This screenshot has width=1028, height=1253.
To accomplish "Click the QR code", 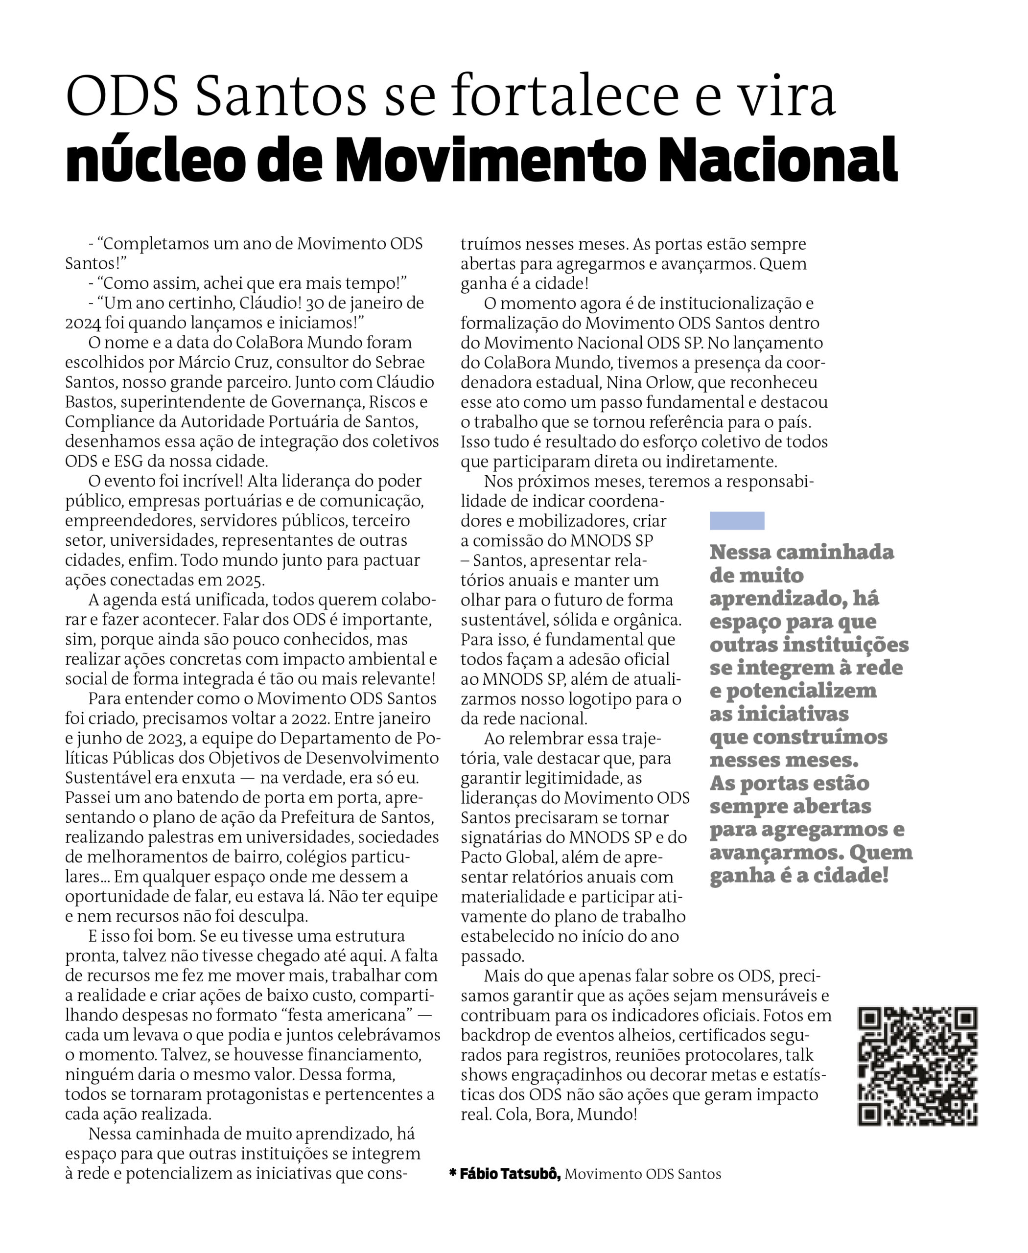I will click(x=917, y=1066).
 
